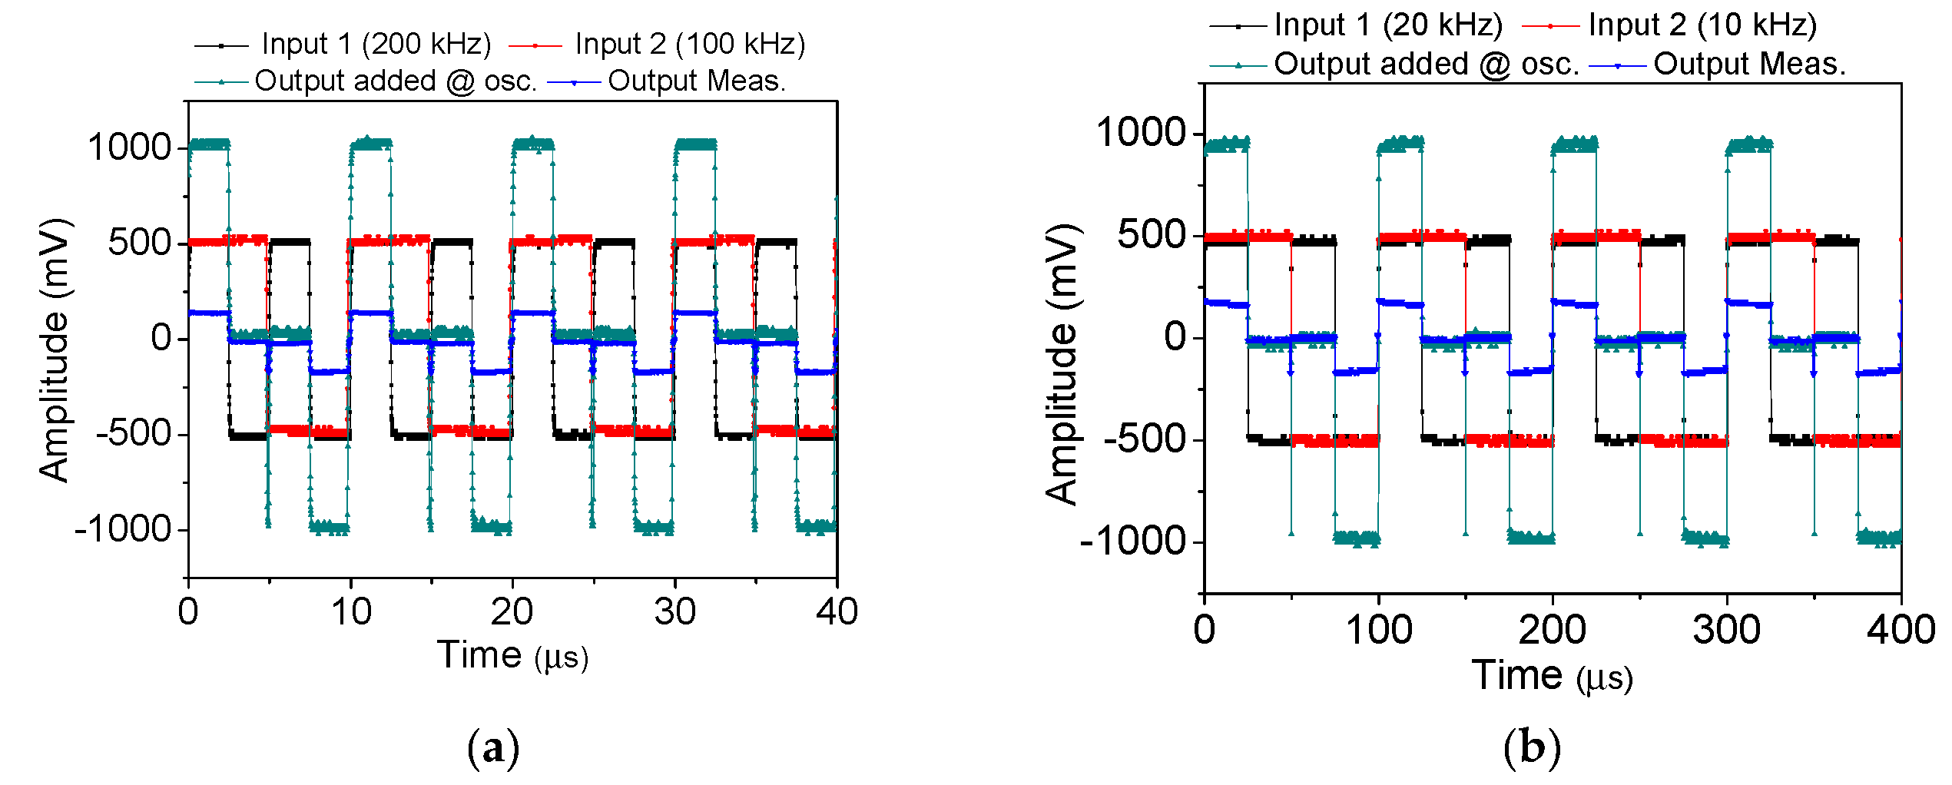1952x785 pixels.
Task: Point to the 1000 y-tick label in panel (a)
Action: click(129, 147)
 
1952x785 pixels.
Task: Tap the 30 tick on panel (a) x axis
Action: click(674, 612)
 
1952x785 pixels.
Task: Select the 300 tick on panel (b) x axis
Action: click(1726, 630)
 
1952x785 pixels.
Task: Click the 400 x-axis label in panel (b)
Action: click(1901, 630)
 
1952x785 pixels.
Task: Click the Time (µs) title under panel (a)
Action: click(512, 656)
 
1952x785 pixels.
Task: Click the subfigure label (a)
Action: click(493, 747)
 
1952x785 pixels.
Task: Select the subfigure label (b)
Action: click(1532, 747)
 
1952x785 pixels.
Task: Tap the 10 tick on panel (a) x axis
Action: click(351, 612)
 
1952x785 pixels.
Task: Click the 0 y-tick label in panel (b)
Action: click(1175, 336)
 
